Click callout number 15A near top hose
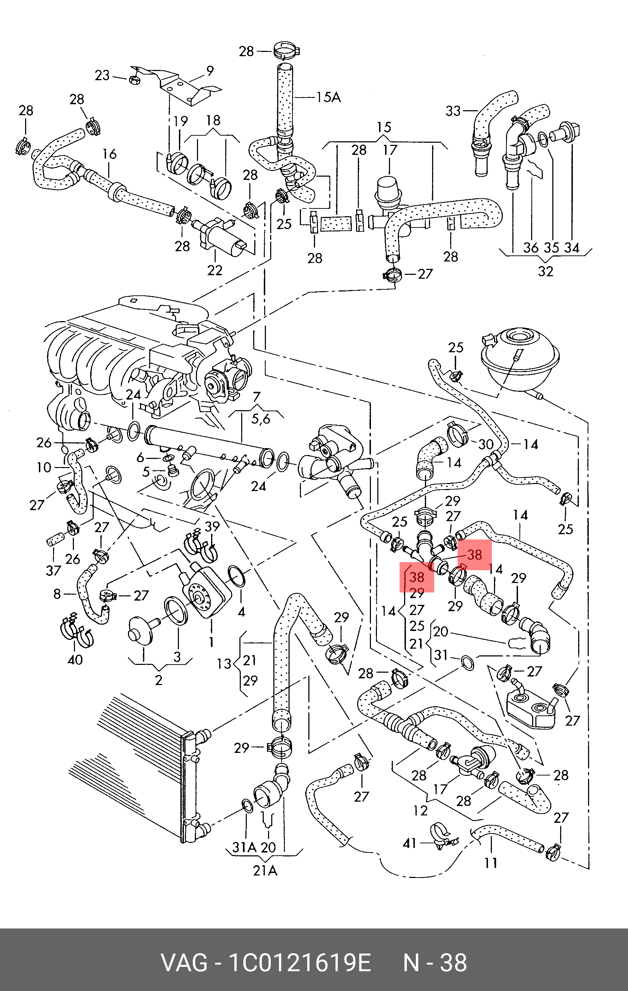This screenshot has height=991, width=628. (x=328, y=97)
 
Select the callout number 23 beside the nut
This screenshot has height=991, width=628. (x=102, y=75)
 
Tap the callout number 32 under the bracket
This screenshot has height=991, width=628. (x=546, y=271)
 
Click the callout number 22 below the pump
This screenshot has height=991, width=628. (x=215, y=270)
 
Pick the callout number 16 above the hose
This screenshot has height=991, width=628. (x=110, y=154)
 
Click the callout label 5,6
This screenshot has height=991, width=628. (x=260, y=419)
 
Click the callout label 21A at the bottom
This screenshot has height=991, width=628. (x=265, y=871)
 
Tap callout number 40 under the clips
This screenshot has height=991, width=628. (x=75, y=660)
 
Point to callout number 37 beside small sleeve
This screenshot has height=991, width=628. (x=53, y=571)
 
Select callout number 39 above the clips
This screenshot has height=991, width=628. (x=212, y=526)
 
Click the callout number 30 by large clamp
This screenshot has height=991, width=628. (x=485, y=444)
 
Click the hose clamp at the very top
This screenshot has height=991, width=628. (x=286, y=51)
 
